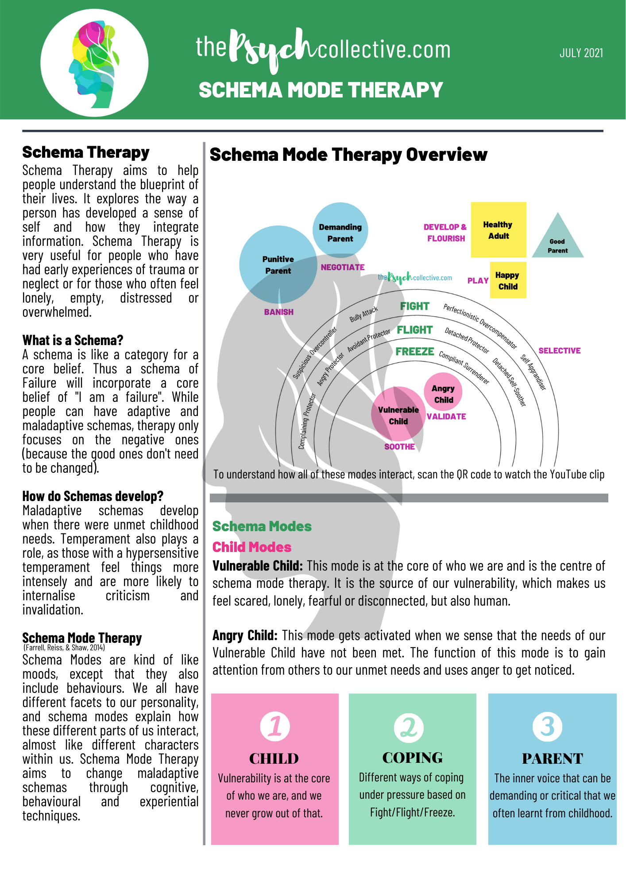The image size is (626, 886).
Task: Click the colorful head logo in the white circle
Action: (94, 63)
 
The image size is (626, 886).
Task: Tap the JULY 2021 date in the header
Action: (581, 53)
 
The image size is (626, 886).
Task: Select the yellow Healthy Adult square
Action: (498, 230)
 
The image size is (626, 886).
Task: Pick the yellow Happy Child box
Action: (508, 280)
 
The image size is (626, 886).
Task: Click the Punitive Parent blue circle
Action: (278, 264)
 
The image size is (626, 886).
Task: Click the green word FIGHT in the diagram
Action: (414, 306)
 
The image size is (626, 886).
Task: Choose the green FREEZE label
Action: (414, 351)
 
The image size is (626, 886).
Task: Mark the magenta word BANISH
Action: (278, 312)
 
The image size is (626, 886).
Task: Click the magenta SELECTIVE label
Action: (559, 350)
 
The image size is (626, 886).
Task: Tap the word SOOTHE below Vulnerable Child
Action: (399, 447)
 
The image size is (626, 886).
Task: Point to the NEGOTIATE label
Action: (342, 267)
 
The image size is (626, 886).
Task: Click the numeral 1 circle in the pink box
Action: (275, 727)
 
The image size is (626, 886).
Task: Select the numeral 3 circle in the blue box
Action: (548, 727)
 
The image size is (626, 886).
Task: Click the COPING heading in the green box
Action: (412, 758)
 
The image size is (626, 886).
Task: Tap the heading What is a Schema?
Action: (73, 340)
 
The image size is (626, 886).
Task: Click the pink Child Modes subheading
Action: (251, 547)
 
